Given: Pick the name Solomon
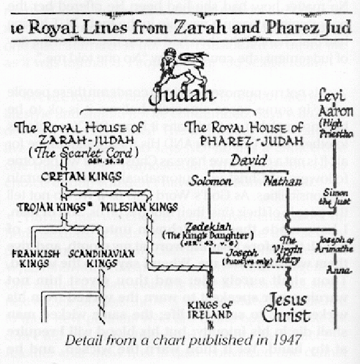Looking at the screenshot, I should coord(206,178).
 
